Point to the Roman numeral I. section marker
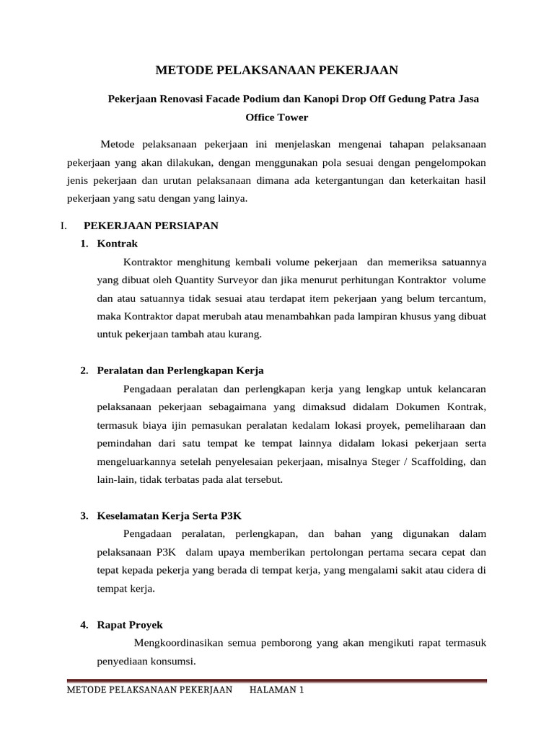click(x=63, y=226)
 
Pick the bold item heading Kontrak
click(x=117, y=244)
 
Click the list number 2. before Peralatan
click(x=84, y=370)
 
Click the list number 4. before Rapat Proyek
click(x=84, y=625)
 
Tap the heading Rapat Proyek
click(x=130, y=625)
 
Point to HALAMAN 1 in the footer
click(x=276, y=690)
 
